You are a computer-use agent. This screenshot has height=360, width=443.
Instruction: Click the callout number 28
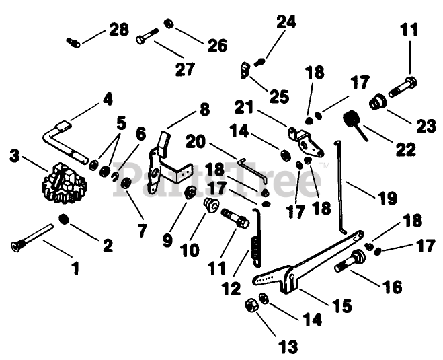pos(118,31)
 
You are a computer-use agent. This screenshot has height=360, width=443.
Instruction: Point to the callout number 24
pos(286,22)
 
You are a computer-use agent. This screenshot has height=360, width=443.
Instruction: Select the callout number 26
pos(217,46)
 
